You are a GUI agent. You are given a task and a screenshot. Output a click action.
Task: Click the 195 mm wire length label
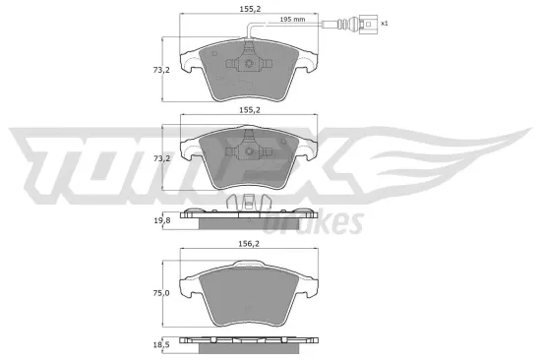coord(320,20)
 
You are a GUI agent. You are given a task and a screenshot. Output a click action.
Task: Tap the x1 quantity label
coord(384,23)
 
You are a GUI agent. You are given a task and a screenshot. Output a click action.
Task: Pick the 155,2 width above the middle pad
coord(250,110)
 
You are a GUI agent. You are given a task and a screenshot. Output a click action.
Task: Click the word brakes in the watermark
coord(325,223)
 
